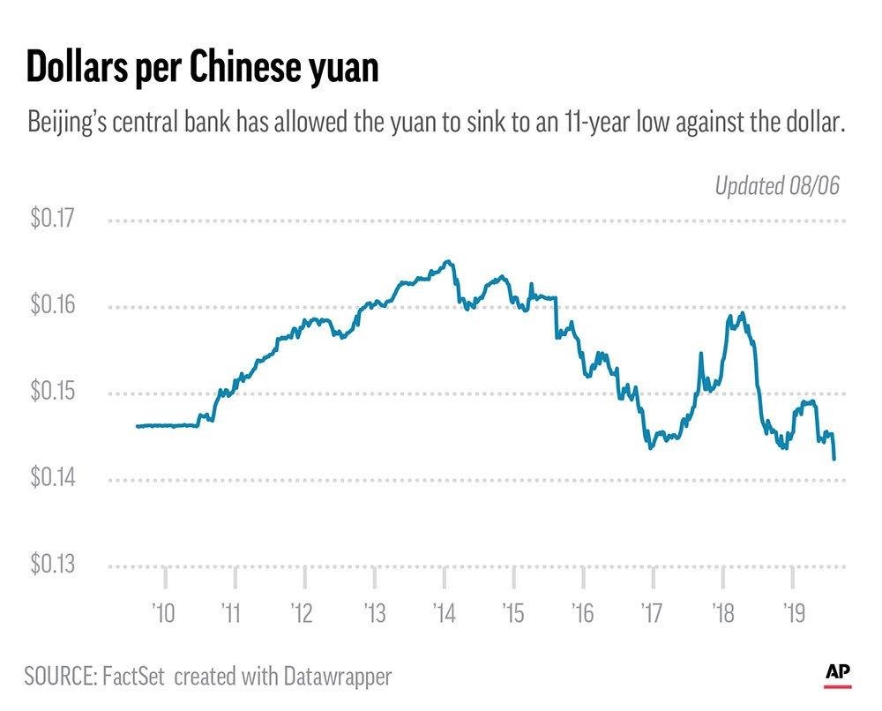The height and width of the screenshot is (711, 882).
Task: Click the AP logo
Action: click(x=838, y=673)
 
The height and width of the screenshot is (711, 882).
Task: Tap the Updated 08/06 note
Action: click(x=777, y=185)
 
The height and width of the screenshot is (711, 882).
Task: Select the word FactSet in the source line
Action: click(x=137, y=677)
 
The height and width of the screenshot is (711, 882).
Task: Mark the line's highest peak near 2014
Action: click(x=449, y=260)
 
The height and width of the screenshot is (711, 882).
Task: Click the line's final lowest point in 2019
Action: click(x=834, y=459)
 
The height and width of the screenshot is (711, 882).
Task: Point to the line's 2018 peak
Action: click(x=744, y=312)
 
